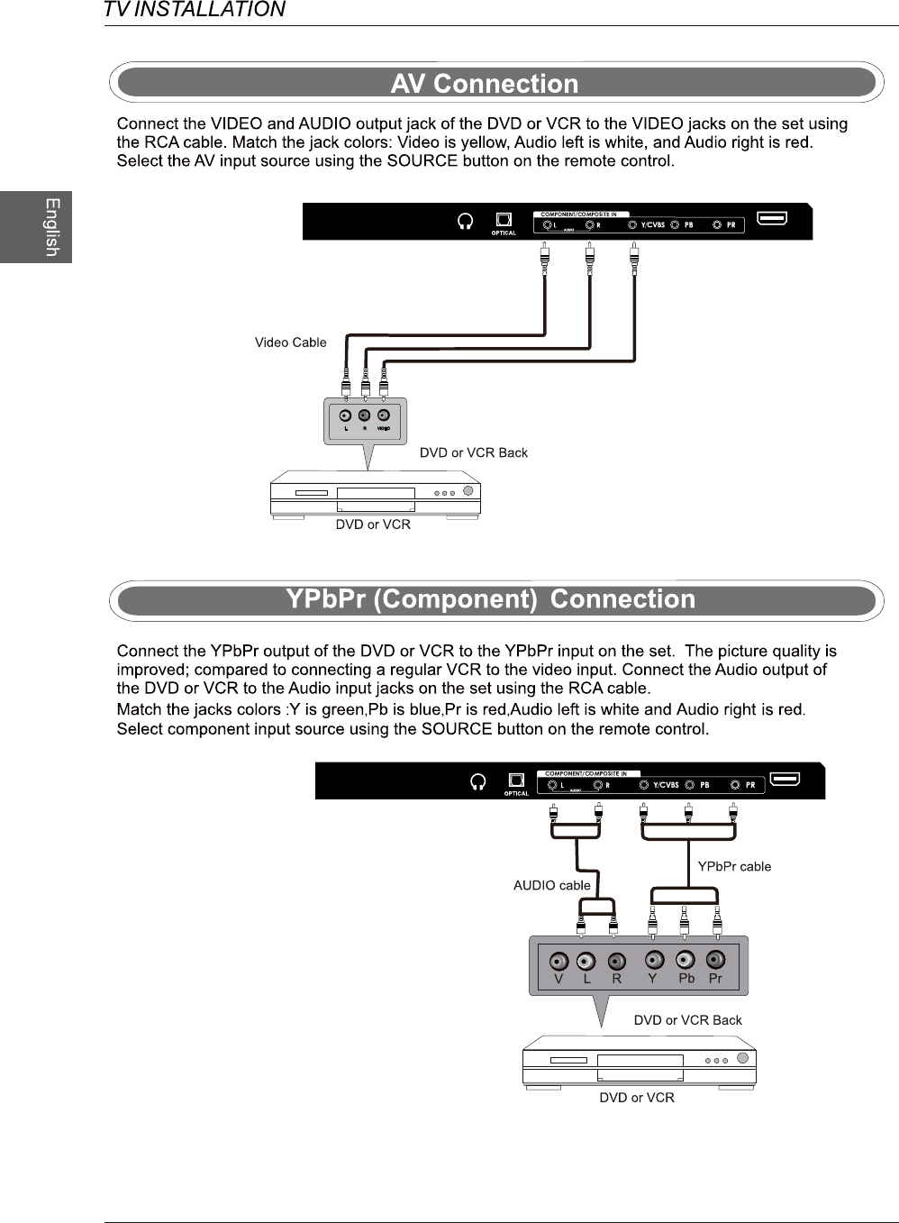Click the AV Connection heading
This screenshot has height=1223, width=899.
tap(485, 83)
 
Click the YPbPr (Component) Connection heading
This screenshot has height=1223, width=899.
tap(491, 599)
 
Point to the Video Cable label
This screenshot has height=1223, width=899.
tap(290, 342)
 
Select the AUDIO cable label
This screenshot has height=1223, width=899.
tap(551, 885)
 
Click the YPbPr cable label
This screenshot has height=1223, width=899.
tap(734, 866)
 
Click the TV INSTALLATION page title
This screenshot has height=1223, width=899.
tap(195, 10)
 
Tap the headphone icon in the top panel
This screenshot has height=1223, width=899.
tap(466, 221)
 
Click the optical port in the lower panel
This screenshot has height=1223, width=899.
tap(516, 780)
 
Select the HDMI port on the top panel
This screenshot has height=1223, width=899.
tap(772, 217)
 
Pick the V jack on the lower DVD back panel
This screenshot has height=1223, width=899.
tap(558, 961)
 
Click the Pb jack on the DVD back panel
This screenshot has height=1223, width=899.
tap(686, 960)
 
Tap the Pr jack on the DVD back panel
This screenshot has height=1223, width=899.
tap(715, 959)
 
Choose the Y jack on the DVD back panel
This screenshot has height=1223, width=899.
tap(655, 960)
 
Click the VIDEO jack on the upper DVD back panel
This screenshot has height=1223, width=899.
tap(384, 415)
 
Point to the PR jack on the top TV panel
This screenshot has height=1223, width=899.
tap(717, 224)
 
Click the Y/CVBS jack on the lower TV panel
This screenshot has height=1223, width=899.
tap(643, 785)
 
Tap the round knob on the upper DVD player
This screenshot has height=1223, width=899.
tap(468, 491)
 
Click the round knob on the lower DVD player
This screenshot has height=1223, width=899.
tap(742, 1058)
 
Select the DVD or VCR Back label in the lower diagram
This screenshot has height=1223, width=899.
tap(687, 1020)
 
